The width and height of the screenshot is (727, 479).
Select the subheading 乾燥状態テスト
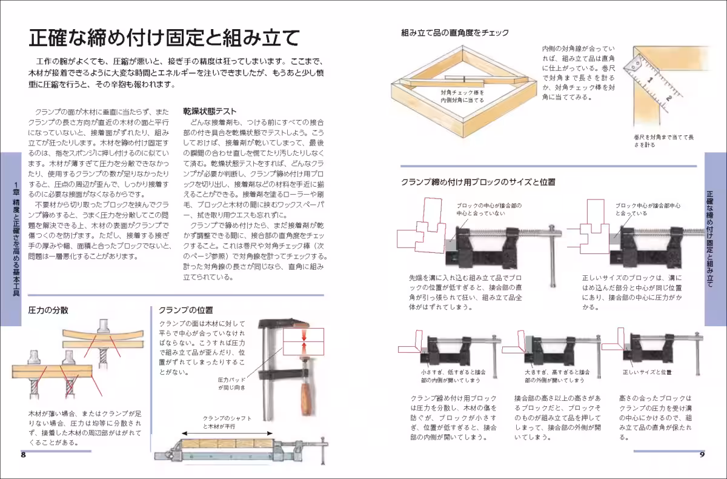(210, 112)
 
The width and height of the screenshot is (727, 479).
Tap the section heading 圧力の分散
(48, 310)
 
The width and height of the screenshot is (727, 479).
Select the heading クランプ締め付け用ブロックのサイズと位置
(478, 181)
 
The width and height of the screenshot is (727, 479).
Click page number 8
(23, 455)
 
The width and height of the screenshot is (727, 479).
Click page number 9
(702, 455)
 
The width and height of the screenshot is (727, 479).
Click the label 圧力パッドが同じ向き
(231, 383)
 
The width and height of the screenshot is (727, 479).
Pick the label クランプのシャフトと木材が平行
(227, 423)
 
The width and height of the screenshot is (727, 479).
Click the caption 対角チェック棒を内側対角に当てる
(462, 96)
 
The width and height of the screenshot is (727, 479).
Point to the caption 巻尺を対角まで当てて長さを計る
(664, 141)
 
